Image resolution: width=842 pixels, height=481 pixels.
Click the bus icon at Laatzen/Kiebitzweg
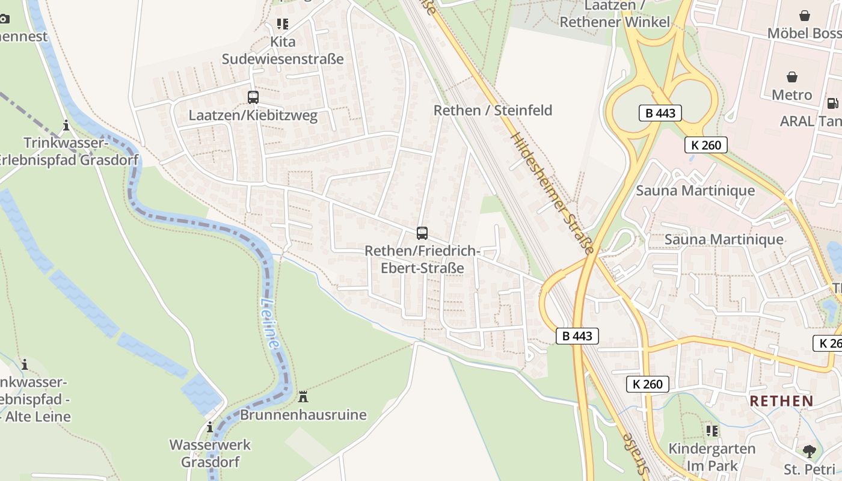[x=253, y=97]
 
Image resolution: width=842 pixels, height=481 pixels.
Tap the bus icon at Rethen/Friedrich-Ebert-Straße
[x=422, y=233]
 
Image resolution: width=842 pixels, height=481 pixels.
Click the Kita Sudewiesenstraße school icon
[x=283, y=24]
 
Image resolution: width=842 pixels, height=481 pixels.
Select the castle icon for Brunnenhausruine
[x=303, y=397]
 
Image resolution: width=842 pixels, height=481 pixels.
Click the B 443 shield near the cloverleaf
[x=660, y=113]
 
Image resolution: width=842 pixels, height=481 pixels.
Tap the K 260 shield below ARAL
[x=706, y=145]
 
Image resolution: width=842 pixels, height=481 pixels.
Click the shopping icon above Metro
[x=792, y=77]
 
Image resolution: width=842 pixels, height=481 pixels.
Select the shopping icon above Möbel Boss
[x=805, y=16]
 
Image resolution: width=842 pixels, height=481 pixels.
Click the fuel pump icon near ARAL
[x=832, y=103]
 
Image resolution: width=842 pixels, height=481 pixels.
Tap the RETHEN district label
[x=781, y=401]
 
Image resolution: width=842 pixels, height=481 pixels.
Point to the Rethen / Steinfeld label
[x=493, y=111]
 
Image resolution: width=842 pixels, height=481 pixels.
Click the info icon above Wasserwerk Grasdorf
[x=210, y=427]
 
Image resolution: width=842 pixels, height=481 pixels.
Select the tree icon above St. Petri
[x=810, y=451]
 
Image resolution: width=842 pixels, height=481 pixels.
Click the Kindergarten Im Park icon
[x=712, y=430]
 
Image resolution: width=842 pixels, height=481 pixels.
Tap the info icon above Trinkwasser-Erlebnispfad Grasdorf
[x=66, y=126]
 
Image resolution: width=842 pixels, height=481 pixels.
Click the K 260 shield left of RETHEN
[x=647, y=384]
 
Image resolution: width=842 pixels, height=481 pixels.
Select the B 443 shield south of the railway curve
[x=577, y=336]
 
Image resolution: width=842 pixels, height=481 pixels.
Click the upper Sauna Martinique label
[x=695, y=191]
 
